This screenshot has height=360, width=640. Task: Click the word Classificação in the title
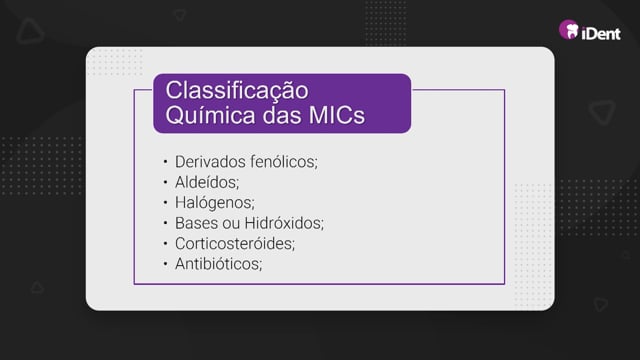237,91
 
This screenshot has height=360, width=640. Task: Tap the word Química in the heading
211,115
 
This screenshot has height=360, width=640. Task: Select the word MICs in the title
337,116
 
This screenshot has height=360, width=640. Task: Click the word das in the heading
282,116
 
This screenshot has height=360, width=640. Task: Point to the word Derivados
210,162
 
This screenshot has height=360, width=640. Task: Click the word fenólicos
284,162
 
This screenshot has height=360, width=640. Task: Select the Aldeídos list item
207,182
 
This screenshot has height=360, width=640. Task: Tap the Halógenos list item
215,203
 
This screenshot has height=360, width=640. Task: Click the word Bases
196,223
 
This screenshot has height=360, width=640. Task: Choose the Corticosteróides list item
235,244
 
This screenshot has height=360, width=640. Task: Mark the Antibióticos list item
219,264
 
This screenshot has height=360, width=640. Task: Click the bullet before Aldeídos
165,182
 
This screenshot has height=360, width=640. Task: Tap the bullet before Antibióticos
165,264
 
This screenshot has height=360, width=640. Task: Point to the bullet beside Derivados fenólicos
165,162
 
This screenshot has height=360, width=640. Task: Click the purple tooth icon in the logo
569,29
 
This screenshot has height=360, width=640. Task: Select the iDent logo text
601,33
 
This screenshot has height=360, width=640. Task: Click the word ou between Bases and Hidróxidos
231,224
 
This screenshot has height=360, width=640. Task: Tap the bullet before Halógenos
165,202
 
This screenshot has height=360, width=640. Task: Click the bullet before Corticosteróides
165,243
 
